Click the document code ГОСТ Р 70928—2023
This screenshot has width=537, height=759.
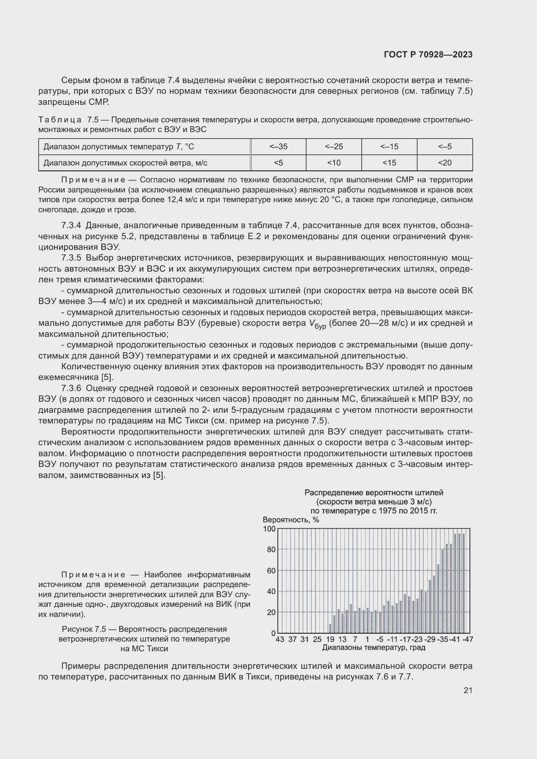pos(428,55)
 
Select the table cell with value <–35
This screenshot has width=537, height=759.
pos(278,146)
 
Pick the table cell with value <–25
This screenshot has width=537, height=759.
pos(334,146)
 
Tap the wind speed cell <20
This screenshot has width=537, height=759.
pos(444,163)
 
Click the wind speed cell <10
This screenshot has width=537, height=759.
pos(334,163)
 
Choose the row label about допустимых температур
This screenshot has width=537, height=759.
pos(119,146)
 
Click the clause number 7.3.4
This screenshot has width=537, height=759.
pos(71,226)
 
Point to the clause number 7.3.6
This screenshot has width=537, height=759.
pos(71,388)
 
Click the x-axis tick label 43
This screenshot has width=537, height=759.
pos(280,639)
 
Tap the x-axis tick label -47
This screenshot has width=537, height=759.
pos(468,639)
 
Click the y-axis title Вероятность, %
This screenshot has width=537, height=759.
pos(291,520)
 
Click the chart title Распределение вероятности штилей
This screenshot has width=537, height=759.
pos(374,493)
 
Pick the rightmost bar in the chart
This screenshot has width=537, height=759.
pos(463,583)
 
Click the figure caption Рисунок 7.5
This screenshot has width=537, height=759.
pos(144,629)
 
